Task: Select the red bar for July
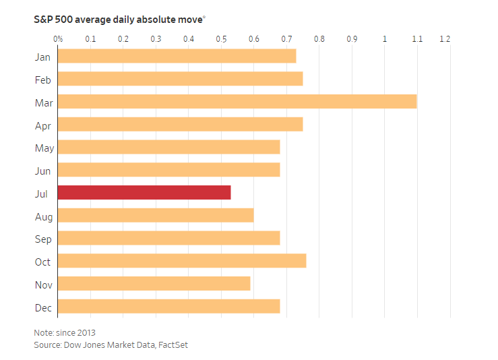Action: (x=144, y=193)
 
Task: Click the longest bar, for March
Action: (x=237, y=102)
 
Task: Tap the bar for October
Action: (x=182, y=261)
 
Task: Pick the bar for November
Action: (x=154, y=284)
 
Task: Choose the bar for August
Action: (x=156, y=216)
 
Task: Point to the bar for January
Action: (x=177, y=57)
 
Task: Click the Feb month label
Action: (x=43, y=80)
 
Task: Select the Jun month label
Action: (x=43, y=171)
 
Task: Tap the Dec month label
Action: (x=43, y=307)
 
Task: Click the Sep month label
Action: (x=43, y=239)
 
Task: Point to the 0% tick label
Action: (x=58, y=39)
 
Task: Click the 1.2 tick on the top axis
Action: (x=445, y=39)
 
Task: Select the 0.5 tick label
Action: (x=222, y=39)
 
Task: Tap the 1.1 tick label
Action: (x=417, y=39)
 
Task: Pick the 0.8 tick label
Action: (x=319, y=39)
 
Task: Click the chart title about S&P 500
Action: (x=119, y=20)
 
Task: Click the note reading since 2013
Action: (x=65, y=332)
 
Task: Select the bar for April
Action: (x=180, y=125)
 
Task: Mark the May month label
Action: (x=44, y=148)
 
